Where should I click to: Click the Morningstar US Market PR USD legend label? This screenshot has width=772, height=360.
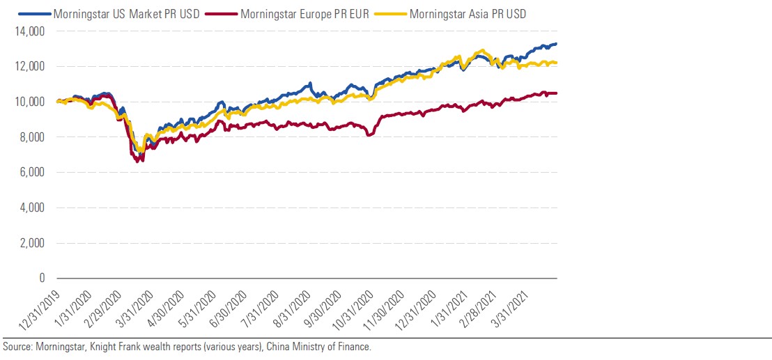[130, 13]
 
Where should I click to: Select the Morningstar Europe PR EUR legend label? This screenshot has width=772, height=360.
[304, 13]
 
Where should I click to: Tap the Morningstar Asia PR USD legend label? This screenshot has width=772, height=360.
[468, 13]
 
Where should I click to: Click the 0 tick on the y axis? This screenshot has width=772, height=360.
[40, 279]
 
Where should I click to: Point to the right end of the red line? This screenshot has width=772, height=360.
[556, 93]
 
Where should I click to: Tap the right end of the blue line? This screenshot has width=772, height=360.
[556, 44]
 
